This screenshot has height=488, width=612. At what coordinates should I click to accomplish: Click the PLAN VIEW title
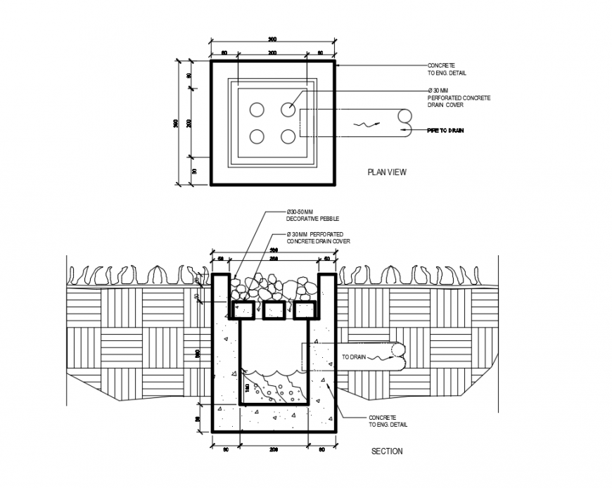pos(387,172)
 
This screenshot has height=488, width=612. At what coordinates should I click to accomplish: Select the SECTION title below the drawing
pos(387,451)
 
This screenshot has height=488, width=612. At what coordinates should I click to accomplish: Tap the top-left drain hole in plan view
pos(257,110)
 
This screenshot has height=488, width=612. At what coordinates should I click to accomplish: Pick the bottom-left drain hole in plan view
pos(257,136)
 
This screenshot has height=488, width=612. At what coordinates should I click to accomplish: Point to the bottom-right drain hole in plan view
pos(288,136)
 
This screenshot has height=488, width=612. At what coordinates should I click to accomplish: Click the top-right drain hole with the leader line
pos(288,110)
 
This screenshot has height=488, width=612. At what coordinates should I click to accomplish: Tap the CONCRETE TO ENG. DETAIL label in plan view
pos(447,69)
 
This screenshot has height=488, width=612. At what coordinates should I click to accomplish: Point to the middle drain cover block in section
pos(274,310)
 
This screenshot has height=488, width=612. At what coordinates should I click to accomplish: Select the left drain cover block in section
pos(243,310)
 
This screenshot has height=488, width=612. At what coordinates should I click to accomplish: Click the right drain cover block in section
pos(305,310)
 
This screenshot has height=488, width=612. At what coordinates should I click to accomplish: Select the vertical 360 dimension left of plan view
pos(176,123)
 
